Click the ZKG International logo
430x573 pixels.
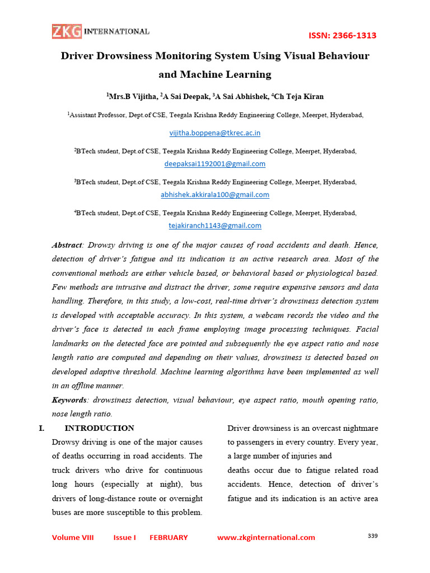101,31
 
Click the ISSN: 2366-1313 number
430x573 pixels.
343,36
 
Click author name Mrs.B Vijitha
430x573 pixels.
133,96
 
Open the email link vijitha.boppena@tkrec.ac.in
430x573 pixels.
215,133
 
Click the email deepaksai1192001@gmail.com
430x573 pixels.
215,164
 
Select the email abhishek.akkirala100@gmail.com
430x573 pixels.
215,195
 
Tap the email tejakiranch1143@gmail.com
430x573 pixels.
215,226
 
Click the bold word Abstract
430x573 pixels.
67,245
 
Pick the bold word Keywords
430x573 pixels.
69,400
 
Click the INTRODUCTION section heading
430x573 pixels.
100,428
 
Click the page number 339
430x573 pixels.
373,536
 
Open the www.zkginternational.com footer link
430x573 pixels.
266,537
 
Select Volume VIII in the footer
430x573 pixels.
73,537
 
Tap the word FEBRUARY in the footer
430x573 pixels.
169,537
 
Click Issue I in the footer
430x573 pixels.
124,537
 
